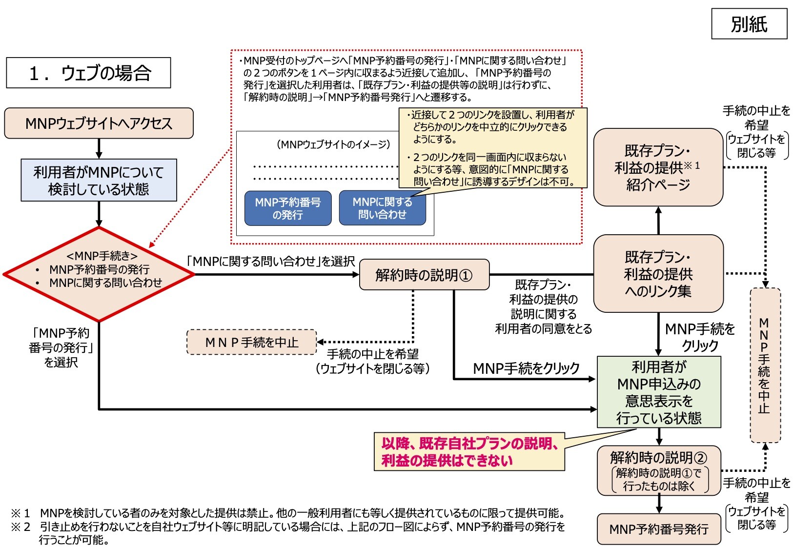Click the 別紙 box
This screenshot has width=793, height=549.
click(x=749, y=24)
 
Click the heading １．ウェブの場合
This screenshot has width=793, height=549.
click(x=88, y=73)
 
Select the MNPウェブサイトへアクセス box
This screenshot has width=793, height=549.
click(x=99, y=123)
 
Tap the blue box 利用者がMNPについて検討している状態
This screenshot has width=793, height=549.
click(x=99, y=180)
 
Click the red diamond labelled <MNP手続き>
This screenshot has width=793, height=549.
click(x=99, y=274)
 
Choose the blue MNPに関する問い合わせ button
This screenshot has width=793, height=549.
click(x=382, y=208)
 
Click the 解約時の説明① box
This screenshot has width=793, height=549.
click(x=424, y=275)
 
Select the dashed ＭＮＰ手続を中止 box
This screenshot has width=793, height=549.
click(x=252, y=342)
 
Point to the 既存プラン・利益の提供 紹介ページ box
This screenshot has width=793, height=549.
click(x=658, y=167)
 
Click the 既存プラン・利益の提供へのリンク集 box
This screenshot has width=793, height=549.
click(x=658, y=273)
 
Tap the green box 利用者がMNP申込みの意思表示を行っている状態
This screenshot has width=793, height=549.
click(x=659, y=392)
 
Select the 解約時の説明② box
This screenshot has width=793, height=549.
click(x=659, y=470)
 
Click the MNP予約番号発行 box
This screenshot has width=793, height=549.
click(x=659, y=529)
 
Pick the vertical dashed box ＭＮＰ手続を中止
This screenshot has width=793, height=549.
click(x=765, y=365)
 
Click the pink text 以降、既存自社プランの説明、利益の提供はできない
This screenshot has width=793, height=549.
click(x=469, y=452)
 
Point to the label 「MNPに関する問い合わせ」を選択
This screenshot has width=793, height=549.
click(x=270, y=261)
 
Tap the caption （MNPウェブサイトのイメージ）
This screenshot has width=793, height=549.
click(x=333, y=144)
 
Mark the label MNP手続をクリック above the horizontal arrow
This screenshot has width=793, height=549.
click(x=526, y=368)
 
